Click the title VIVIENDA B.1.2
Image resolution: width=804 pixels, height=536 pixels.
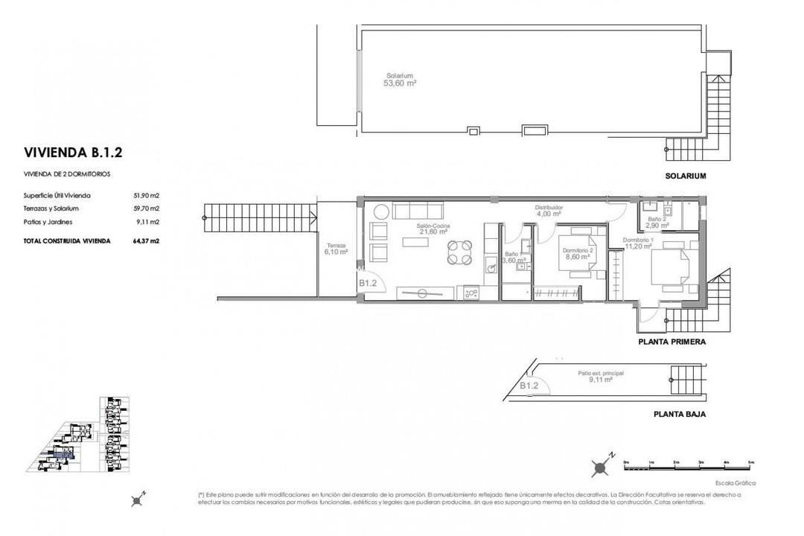73,153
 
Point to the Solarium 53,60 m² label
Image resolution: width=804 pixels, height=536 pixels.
400,80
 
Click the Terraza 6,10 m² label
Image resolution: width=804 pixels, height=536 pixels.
336,249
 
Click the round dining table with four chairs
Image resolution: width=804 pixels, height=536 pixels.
459,252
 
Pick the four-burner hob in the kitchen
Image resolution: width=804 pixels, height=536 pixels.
471,293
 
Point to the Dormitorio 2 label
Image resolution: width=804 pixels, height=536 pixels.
578,250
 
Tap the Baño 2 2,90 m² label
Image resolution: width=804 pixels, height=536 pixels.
655,222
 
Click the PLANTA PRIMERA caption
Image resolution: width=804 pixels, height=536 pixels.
671,342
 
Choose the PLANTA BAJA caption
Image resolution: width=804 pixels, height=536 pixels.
679,414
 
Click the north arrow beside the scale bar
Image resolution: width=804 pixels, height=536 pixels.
601,467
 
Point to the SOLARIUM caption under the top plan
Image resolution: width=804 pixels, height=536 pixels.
685,176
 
